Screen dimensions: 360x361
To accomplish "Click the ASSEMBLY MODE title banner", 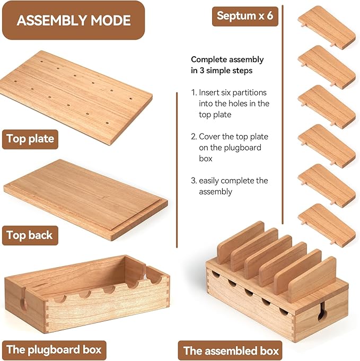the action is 74,20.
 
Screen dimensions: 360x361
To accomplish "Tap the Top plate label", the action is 30,139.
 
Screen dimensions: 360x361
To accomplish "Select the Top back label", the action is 30,235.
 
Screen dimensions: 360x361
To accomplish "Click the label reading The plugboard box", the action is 54,350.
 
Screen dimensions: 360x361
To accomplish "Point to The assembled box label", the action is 230,350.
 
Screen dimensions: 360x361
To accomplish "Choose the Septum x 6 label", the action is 245,16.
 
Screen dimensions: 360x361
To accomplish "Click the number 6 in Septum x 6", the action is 270,16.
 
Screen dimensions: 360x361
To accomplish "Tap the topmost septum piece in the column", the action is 327,27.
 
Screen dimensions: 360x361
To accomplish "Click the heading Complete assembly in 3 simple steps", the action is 227,65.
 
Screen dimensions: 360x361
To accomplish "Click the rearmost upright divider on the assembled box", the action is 240,242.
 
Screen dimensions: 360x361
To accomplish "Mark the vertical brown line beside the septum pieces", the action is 283,115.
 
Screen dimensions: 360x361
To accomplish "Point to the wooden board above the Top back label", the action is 86,200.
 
